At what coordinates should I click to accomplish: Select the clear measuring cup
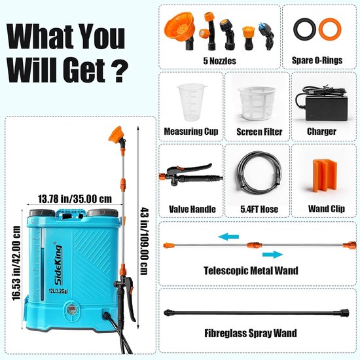click(x=191, y=102)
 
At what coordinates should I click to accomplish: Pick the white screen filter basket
click(x=257, y=103)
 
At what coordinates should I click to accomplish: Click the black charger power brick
click(x=326, y=109)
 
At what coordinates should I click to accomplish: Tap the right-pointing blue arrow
click(x=272, y=255)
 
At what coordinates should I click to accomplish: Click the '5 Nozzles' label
click(x=219, y=61)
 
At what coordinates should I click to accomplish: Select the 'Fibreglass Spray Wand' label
click(x=251, y=333)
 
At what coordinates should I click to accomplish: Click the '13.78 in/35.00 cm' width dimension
click(x=75, y=199)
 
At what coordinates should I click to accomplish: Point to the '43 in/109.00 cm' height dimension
click(x=145, y=242)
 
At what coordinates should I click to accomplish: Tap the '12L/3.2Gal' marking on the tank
click(x=58, y=291)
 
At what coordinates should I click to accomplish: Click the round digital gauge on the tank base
click(x=71, y=310)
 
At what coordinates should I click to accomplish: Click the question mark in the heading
click(x=119, y=71)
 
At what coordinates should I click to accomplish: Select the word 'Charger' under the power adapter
click(x=321, y=132)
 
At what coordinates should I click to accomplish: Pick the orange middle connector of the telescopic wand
click(x=255, y=245)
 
